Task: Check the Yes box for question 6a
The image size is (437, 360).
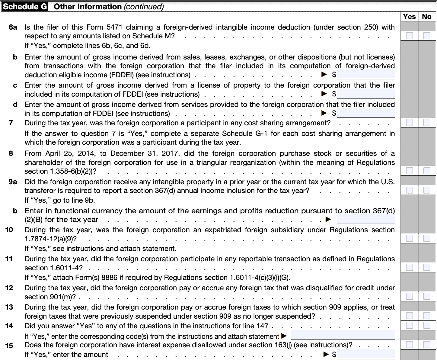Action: [409, 36]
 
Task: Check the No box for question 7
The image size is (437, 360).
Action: [426, 122]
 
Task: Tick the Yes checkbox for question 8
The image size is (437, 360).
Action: [409, 171]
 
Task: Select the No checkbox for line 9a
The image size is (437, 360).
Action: [426, 190]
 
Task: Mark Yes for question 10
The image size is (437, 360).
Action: [409, 238]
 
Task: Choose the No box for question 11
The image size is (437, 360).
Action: [426, 267]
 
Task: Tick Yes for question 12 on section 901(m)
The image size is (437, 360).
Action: [409, 296]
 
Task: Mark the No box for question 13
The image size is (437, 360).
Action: [426, 316]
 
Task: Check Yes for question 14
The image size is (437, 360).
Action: [409, 325]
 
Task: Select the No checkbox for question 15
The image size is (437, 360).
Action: [426, 345]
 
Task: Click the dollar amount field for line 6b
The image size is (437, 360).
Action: [366, 74]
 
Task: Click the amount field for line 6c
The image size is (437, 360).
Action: [366, 94]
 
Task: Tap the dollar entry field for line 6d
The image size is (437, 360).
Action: [366, 113]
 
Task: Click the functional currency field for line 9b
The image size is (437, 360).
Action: [366, 219]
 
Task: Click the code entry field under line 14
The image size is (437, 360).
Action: [343, 335]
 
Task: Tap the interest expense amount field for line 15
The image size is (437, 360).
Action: [366, 354]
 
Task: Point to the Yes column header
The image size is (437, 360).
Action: [409, 17]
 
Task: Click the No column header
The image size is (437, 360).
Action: [426, 17]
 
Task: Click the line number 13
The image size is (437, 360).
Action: [9, 307]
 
